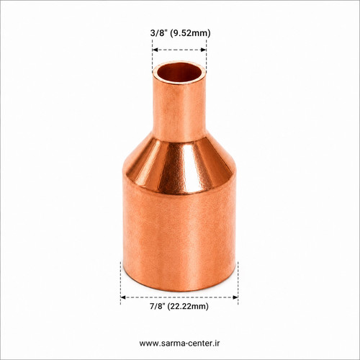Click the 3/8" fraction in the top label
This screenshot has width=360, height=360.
(158, 32)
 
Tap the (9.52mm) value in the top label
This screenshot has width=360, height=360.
(190, 33)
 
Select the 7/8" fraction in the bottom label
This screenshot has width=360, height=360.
(158, 306)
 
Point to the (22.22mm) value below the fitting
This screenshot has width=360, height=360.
(189, 307)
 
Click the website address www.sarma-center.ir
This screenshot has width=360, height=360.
(179, 343)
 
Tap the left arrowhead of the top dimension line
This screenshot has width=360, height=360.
(155, 50)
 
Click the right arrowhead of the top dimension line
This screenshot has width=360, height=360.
(204, 50)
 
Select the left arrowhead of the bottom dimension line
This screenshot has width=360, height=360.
(123, 297)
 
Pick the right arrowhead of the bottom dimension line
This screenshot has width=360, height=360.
(235, 297)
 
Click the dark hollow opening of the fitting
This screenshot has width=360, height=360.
(179, 73)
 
